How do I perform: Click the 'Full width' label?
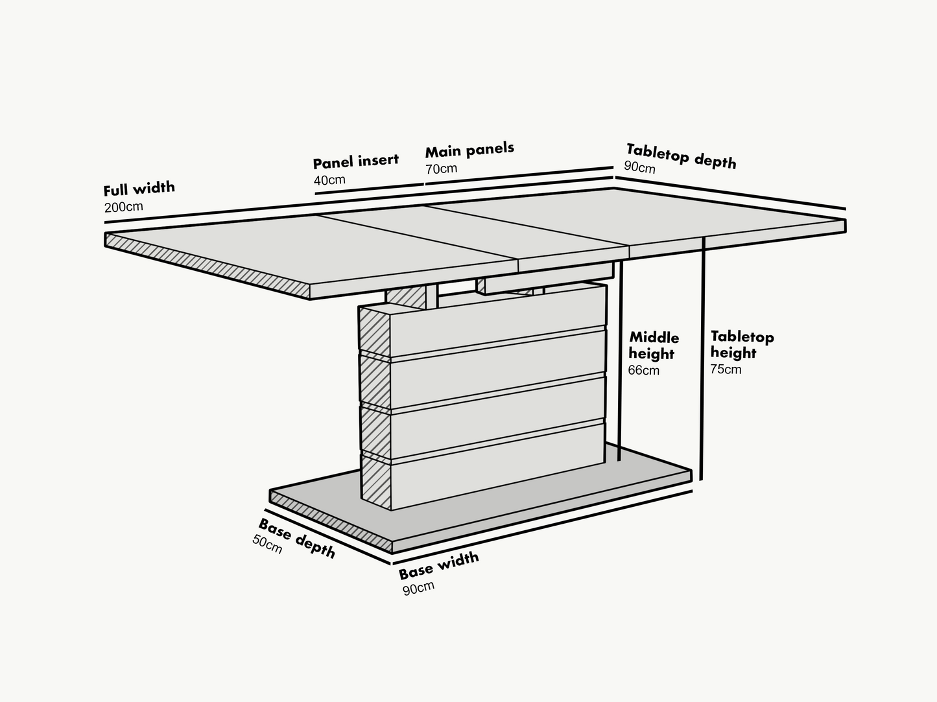[x=139, y=189]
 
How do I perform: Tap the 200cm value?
[x=123, y=207]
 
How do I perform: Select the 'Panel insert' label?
[x=355, y=161]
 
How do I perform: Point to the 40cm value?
[x=329, y=180]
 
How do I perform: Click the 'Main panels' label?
[x=469, y=150]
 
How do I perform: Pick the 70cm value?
[x=441, y=169]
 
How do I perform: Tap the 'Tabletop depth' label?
[x=681, y=156]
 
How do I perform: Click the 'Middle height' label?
[x=654, y=345]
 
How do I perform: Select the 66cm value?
[x=643, y=371]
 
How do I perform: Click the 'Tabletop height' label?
[x=741, y=344]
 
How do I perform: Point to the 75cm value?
[x=726, y=369]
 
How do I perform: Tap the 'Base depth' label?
[x=297, y=538]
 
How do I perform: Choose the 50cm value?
[x=267, y=544]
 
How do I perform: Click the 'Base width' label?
[x=438, y=565]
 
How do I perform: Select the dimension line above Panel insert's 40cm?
[x=370, y=189]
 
